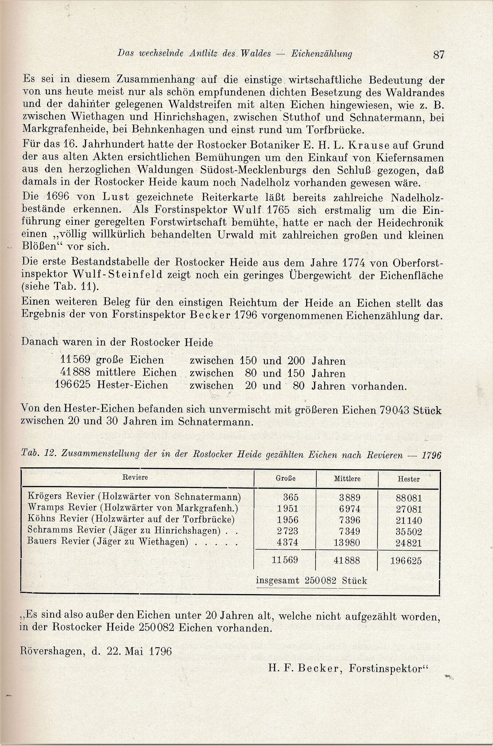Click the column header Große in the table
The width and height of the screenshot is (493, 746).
(285, 479)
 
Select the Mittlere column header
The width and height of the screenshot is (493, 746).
(347, 479)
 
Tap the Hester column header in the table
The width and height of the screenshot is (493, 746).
(408, 479)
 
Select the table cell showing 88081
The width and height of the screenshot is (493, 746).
(408, 498)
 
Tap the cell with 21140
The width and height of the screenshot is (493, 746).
(408, 520)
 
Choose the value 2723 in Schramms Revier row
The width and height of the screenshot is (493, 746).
(287, 531)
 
